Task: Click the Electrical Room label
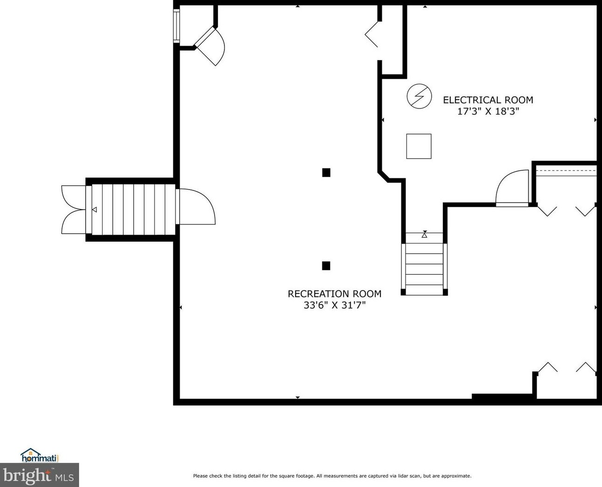[488, 100]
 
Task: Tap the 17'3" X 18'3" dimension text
[488, 111]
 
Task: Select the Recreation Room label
[334, 294]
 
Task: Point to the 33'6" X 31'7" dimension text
[335, 305]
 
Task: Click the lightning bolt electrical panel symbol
[419, 96]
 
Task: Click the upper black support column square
[326, 172]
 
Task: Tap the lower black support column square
[326, 266]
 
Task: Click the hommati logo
[40, 455]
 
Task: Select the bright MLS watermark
[39, 475]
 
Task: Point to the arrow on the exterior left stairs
[95, 210]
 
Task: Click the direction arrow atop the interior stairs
[424, 234]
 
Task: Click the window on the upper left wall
[176, 26]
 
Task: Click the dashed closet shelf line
[567, 171]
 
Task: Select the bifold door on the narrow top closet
[371, 34]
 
